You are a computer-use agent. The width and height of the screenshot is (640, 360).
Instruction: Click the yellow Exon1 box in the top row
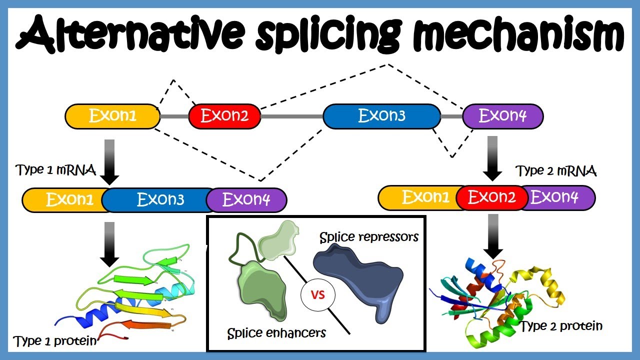click(112, 116)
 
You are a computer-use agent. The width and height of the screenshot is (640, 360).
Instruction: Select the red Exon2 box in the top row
click(224, 116)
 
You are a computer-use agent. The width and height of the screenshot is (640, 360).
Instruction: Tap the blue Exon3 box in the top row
click(381, 116)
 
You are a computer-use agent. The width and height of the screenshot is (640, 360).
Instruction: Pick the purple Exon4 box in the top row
click(502, 116)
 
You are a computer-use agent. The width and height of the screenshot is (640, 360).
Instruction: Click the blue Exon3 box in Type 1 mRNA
click(160, 200)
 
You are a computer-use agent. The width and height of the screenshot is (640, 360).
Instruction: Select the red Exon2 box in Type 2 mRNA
click(492, 197)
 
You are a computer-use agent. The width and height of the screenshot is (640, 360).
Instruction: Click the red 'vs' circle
click(318, 295)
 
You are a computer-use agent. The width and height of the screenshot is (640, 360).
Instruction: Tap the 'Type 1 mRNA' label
click(56, 170)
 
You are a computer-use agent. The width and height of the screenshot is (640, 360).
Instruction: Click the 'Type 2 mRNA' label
click(556, 171)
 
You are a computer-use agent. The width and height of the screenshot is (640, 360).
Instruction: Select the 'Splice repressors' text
click(369, 236)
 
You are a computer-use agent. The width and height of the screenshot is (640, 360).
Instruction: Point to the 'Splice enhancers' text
click(276, 333)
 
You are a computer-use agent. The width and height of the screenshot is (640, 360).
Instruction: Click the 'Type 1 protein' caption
click(55, 341)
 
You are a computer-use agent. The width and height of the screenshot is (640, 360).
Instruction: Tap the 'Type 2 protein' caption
click(561, 326)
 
